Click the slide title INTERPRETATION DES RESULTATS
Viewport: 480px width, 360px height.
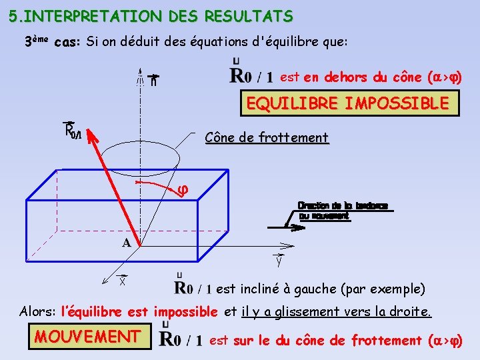[151, 15]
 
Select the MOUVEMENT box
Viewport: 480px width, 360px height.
[87, 336]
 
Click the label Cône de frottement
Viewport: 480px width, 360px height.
[267, 138]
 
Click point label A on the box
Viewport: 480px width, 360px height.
[126, 243]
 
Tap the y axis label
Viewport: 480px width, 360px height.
[278, 261]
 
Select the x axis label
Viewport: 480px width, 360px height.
[123, 281]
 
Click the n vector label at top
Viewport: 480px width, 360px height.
[154, 80]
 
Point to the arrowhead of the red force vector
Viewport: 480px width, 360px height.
[89, 135]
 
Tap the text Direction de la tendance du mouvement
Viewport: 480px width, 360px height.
[342, 211]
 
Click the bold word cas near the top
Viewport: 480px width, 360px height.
[67, 43]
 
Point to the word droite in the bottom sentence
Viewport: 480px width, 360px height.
[413, 311]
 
